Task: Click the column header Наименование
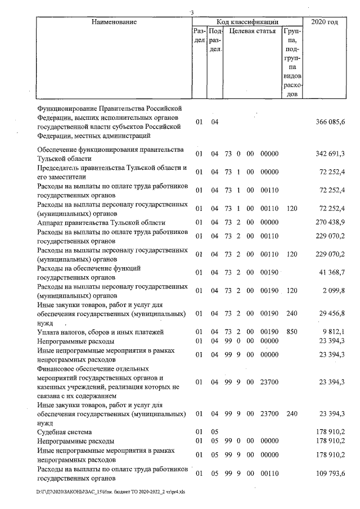(x=112, y=22)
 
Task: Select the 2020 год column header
(x=327, y=22)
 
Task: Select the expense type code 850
(x=291, y=332)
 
